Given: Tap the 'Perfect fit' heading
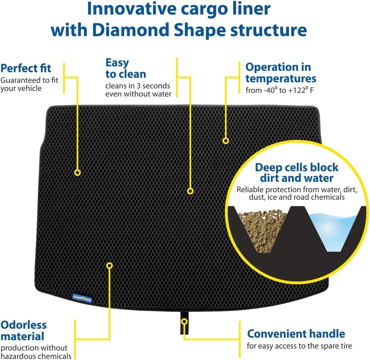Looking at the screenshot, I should coord(26,68).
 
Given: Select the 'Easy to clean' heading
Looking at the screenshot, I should coord(125,69).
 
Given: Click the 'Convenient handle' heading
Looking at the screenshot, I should coord(296,334).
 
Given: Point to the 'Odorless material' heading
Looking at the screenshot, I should coord(23,330).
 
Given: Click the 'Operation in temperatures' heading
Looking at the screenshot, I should coord(281,73).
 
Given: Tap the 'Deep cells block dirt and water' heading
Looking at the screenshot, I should coord(297,173).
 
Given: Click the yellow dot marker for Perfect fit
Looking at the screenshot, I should coord(77,173).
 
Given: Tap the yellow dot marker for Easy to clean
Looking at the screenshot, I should coord(190,191).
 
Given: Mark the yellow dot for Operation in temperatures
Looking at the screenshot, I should coord(226,141).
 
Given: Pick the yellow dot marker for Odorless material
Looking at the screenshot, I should coord(110,265).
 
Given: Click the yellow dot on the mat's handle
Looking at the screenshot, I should coord(184,321).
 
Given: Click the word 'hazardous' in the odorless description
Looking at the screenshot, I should coord(17,356).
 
